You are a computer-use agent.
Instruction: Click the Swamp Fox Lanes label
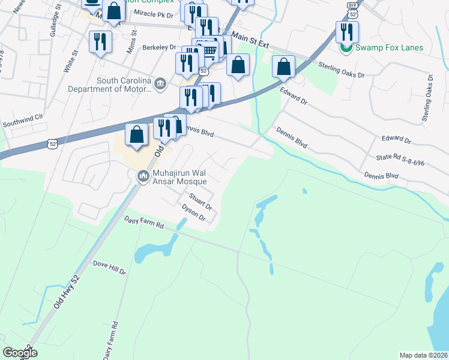point(390,48)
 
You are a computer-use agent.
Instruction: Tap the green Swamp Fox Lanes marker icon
point(346,48)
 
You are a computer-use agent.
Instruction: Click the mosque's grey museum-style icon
point(143,176)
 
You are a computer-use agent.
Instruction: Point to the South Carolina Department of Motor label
point(123,86)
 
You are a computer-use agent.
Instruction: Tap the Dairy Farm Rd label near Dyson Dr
point(144,223)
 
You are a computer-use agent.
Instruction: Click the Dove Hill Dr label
point(109,267)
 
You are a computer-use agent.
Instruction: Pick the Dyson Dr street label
point(194,213)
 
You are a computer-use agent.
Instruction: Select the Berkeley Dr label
point(159,47)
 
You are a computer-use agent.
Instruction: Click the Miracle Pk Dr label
point(153,13)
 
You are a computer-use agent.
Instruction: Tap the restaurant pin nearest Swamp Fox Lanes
point(347,32)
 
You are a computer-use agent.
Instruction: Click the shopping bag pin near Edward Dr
point(283,67)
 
